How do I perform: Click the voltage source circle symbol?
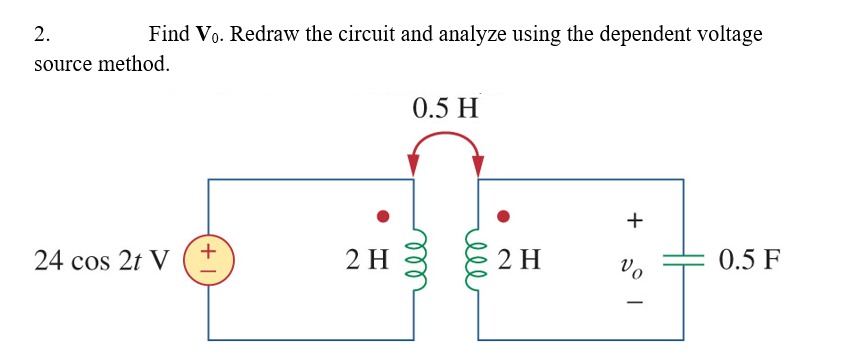[209, 260]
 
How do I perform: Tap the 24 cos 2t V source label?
[100, 261]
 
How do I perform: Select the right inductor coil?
[478, 261]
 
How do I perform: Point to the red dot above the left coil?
[381, 216]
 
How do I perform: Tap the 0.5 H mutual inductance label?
[445, 107]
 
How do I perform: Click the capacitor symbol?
[683, 261]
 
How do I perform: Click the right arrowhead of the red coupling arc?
[478, 164]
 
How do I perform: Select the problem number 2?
[41, 34]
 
